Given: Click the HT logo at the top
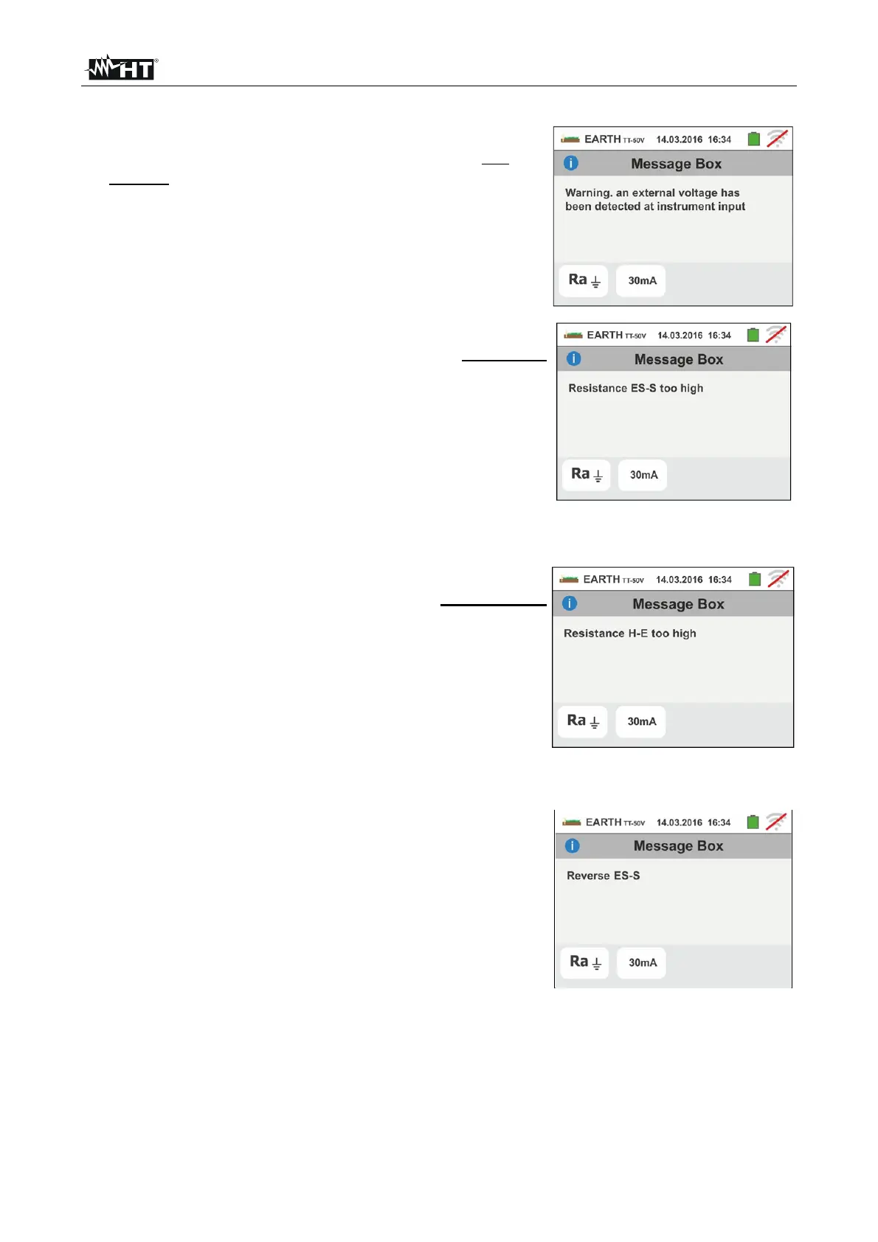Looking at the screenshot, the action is [122, 69].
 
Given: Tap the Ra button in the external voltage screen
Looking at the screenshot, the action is [584, 281].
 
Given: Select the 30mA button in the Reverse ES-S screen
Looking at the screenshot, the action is [642, 962].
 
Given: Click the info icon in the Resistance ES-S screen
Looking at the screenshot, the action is [574, 359].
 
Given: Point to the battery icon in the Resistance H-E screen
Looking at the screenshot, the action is [754, 579].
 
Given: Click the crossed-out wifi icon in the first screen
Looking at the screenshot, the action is [777, 139].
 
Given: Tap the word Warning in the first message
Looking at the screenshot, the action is [588, 193].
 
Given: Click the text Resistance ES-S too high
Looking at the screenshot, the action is [635, 389].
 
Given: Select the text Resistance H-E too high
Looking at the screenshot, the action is [629, 634].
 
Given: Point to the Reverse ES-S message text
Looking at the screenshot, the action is [603, 876].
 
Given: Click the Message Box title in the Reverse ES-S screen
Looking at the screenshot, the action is [678, 846].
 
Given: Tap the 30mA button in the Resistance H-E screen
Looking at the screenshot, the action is [641, 721].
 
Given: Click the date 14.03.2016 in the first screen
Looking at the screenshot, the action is [679, 139].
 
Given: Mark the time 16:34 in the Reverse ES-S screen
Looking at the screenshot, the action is [719, 822].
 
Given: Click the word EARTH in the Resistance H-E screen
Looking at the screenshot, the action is [601, 580].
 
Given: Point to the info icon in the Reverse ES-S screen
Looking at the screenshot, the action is [573, 846].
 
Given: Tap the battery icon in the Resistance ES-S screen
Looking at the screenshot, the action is [753, 335].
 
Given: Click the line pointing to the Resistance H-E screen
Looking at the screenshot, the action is [493, 605].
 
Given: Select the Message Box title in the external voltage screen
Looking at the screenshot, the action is [676, 164].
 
